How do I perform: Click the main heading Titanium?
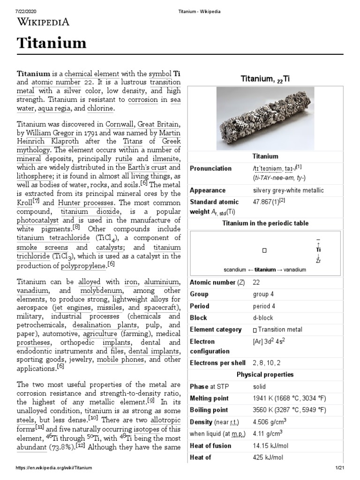(x=52, y=44)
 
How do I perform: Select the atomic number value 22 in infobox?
(x=256, y=282)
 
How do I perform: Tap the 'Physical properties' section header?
(x=265, y=375)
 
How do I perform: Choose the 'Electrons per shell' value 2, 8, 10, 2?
(x=268, y=362)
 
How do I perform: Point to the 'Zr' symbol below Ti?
(x=318, y=260)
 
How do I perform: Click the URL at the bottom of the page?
(x=54, y=468)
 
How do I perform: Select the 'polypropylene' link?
(x=83, y=266)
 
